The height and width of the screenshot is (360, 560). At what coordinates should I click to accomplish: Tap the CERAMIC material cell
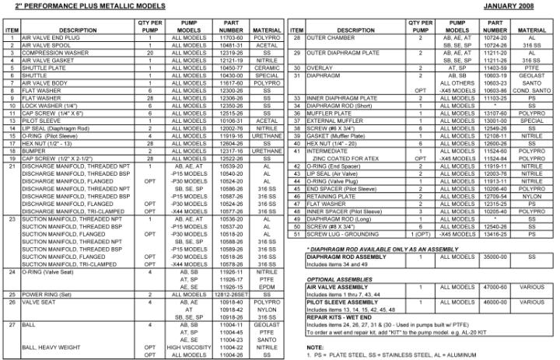tap(265, 68)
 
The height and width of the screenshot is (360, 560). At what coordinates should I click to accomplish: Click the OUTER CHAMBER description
tap(334, 37)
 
